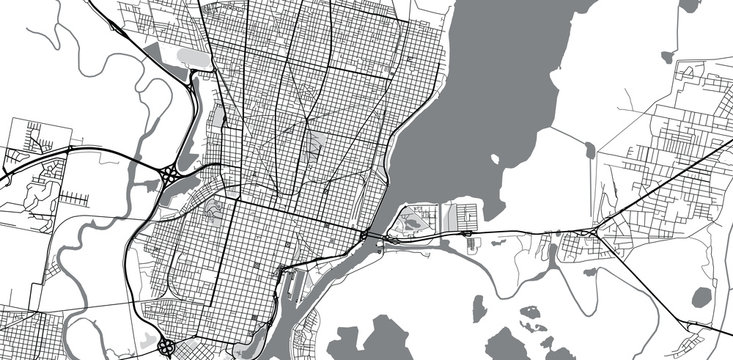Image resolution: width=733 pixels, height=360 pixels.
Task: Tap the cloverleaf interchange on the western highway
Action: tap(170, 176)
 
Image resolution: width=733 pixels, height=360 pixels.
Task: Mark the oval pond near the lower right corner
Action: tap(702, 296)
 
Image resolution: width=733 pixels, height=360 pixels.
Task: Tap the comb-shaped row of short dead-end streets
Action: tap(75, 195)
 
